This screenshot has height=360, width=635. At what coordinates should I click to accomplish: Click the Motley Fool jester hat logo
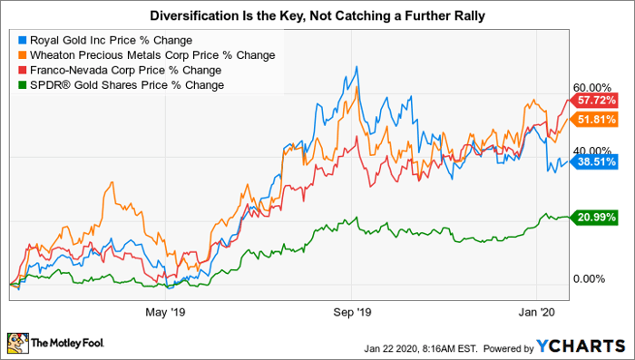(18, 344)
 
